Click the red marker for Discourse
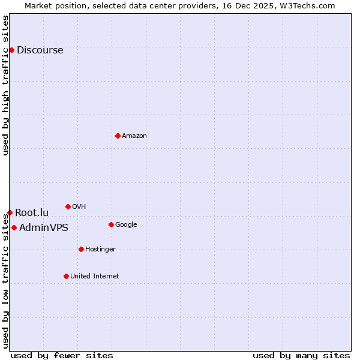click(11, 50)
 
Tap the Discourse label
click(40, 50)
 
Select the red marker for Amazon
click(118, 136)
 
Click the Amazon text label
click(134, 136)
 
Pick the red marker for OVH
click(68, 206)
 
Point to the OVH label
click(79, 207)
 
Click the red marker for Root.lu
click(10, 212)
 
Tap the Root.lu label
click(32, 213)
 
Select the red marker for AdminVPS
click(14, 227)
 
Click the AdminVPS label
click(43, 228)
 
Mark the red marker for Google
click(111, 224)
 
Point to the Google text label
click(126, 225)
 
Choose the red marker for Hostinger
click(81, 249)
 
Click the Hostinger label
click(100, 250)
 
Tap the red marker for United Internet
click(66, 276)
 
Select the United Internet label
click(94, 277)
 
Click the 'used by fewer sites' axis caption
click(62, 355)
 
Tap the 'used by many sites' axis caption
click(301, 355)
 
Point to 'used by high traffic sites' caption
click(5, 86)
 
